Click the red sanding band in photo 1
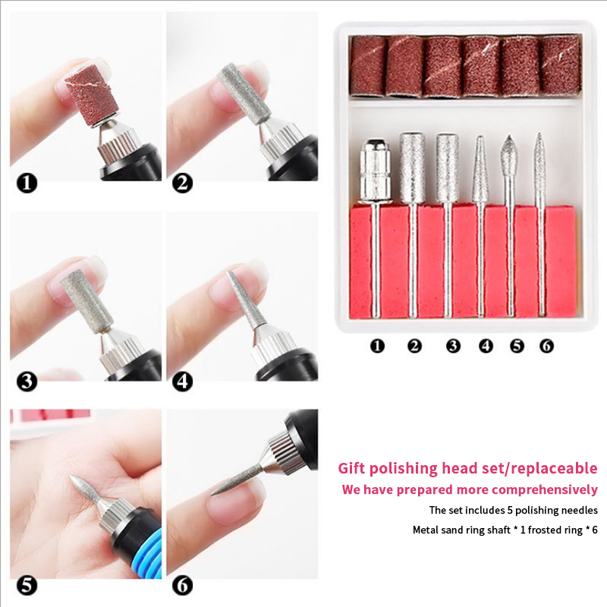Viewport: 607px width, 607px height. click(x=93, y=96)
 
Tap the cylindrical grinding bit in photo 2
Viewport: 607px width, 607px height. click(x=244, y=93)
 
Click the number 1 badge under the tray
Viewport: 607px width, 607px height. click(x=377, y=346)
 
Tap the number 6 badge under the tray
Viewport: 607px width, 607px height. click(x=546, y=346)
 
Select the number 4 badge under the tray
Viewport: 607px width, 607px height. click(x=486, y=346)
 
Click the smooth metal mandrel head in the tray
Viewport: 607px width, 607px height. click(x=374, y=171)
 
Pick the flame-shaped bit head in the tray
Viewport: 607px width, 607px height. click(x=509, y=156)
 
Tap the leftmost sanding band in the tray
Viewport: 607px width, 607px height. click(x=368, y=66)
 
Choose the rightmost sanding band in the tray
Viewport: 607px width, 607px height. click(x=561, y=65)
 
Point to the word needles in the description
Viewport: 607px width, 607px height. click(x=580, y=511)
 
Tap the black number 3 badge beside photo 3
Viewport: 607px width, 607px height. click(x=27, y=382)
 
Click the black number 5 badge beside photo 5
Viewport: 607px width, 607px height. click(x=27, y=586)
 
